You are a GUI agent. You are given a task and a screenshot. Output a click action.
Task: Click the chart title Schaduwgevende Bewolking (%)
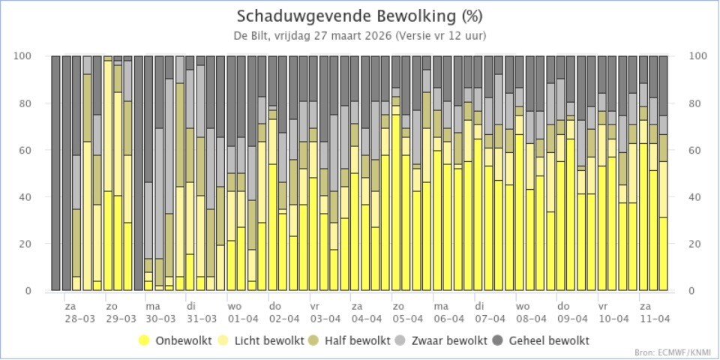pyautogui.click(x=360, y=16)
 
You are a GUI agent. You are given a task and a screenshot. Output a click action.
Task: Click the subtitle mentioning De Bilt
pyautogui.click(x=360, y=35)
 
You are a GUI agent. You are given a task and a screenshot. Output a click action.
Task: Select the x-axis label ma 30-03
pyautogui.click(x=153, y=312)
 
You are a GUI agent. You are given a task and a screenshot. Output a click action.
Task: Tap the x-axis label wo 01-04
pyautogui.click(x=235, y=312)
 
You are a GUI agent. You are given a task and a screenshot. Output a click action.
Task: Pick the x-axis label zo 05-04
pyautogui.click(x=399, y=312)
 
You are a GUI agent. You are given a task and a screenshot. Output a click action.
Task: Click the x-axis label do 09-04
pyautogui.click(x=562, y=312)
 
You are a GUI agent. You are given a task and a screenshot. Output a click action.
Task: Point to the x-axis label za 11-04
pyautogui.click(x=645, y=312)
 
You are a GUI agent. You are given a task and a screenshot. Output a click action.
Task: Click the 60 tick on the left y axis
pyautogui.click(x=36, y=150)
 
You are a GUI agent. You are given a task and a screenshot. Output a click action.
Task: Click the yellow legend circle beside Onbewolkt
pyautogui.click(x=144, y=340)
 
